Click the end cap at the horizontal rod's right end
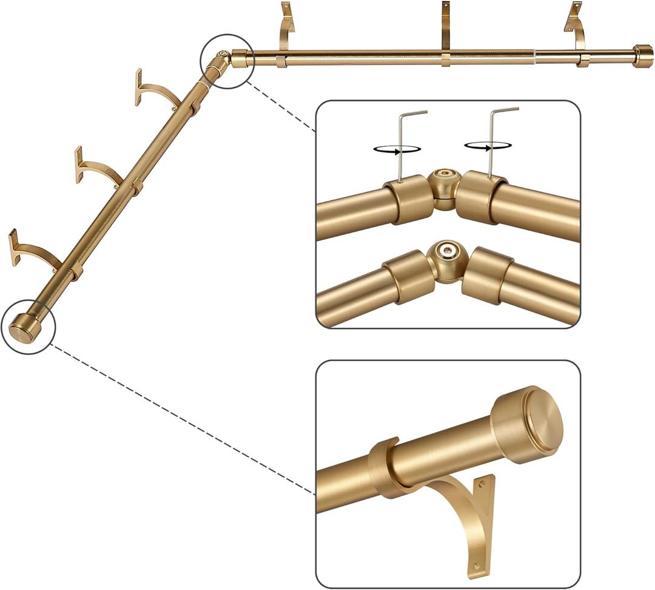pos(643,56)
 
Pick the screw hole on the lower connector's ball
pos(447,250)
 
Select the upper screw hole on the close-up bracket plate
pos(482,486)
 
